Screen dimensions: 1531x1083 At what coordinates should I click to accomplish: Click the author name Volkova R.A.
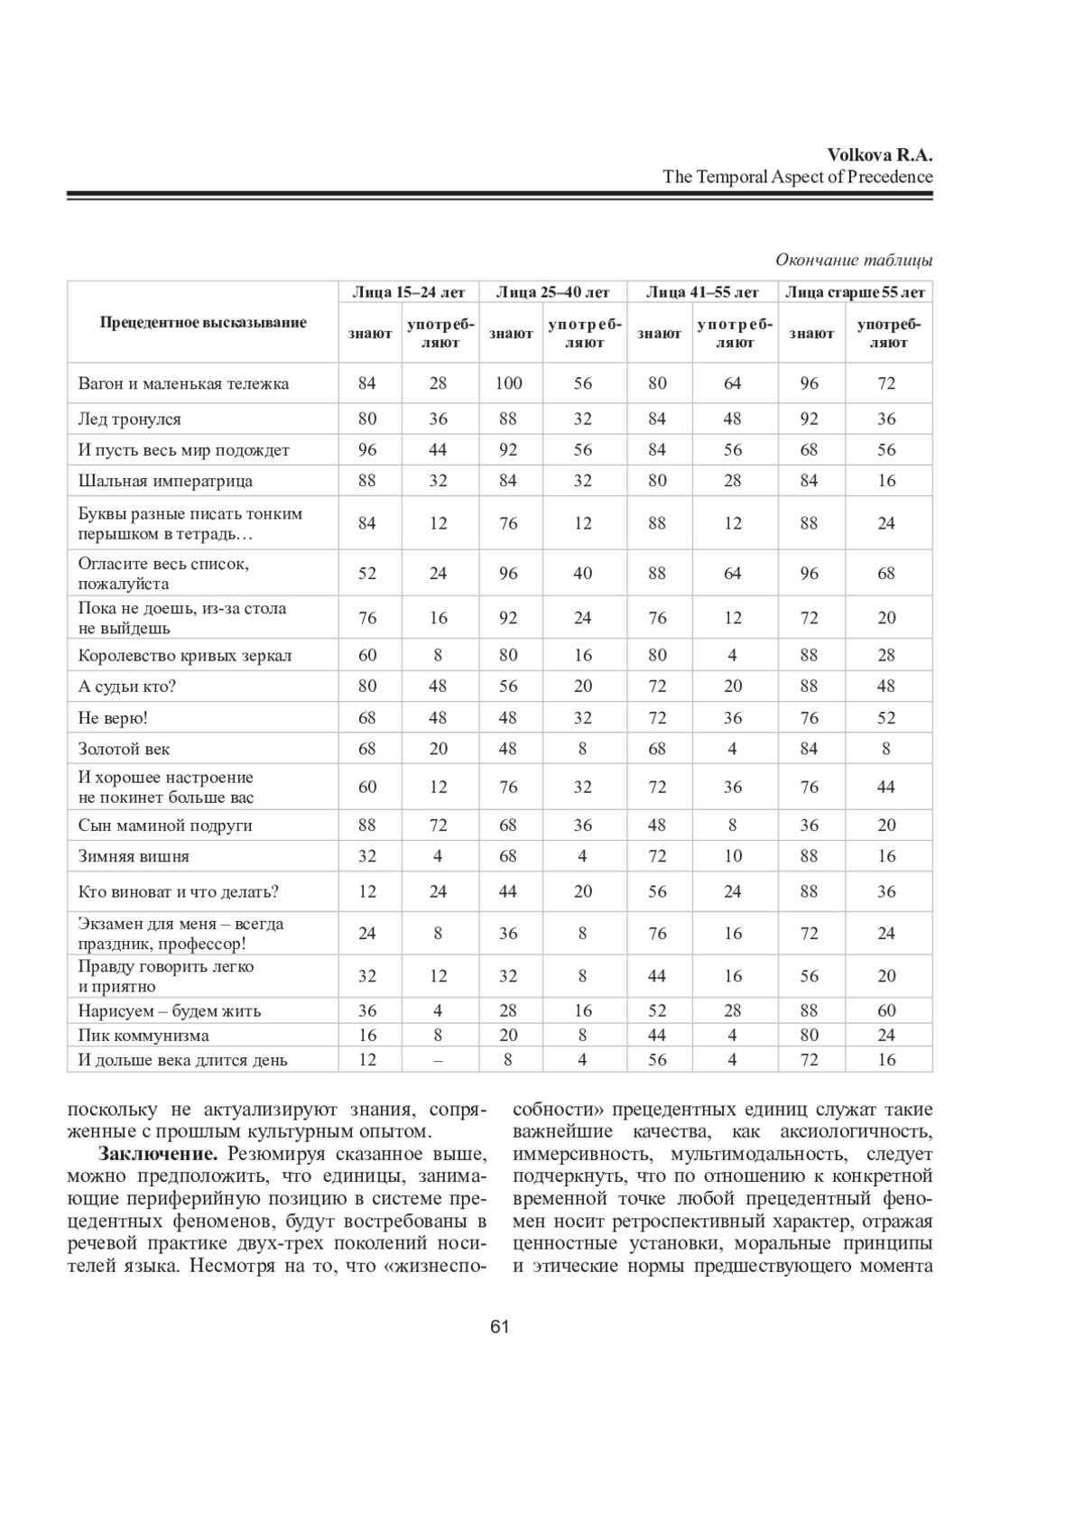[x=879, y=154]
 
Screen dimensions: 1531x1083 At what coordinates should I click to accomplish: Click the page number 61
[x=500, y=1326]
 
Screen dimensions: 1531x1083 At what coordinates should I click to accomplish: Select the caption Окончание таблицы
[x=854, y=260]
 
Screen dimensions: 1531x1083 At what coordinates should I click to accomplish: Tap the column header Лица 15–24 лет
[x=408, y=292]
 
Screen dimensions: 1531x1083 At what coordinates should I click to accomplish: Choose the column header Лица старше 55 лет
[x=855, y=292]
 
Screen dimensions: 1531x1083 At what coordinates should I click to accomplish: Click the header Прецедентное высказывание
[x=203, y=322]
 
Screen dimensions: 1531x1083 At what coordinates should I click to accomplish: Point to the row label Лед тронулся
[x=129, y=419]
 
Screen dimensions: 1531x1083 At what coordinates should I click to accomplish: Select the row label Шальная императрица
[x=165, y=481]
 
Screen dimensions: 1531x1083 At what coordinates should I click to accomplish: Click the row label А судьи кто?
[x=127, y=687]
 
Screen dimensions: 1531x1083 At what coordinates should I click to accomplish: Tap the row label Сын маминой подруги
[x=165, y=825]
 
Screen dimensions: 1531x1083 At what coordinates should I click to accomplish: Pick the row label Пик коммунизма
[x=143, y=1036]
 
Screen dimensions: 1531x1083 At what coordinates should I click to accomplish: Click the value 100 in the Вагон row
[x=508, y=383]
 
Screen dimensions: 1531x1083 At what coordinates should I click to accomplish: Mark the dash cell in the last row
[x=438, y=1060]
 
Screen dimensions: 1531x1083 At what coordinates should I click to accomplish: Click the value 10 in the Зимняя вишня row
[x=732, y=856]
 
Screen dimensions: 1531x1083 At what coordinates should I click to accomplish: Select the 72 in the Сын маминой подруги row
[x=438, y=825]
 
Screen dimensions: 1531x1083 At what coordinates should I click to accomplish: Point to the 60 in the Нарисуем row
[x=886, y=1011]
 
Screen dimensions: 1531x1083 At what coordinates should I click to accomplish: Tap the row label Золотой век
[x=124, y=749]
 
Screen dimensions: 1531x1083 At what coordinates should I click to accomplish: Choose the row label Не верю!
[x=113, y=718]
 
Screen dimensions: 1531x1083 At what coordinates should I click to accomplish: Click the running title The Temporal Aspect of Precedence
[x=798, y=177]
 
